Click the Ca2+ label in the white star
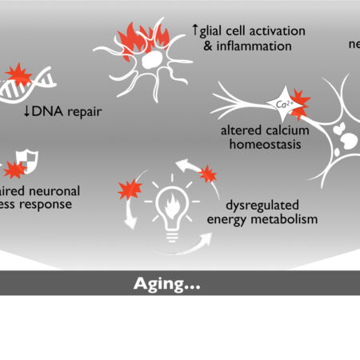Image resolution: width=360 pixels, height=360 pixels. (x=282, y=103)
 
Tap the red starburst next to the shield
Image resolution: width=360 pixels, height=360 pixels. (x=14, y=170)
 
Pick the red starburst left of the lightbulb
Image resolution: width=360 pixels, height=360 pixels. (x=130, y=190)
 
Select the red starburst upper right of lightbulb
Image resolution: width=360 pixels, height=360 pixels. (x=207, y=174)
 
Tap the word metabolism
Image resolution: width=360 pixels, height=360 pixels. (x=280, y=218)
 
